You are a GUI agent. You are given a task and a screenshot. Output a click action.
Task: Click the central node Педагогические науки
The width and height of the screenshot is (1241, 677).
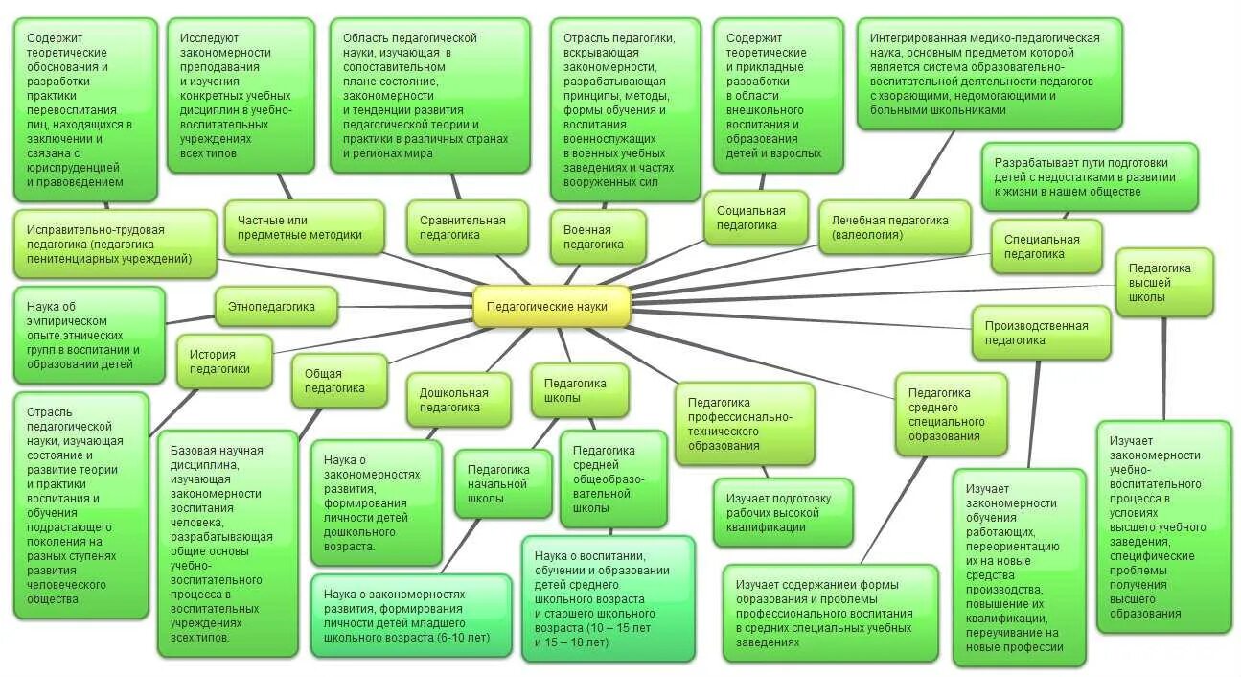(553, 307)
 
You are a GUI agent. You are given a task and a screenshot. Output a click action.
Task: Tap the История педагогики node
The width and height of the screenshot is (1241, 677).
(224, 362)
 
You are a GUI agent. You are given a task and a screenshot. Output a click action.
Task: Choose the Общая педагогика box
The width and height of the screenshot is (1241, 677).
(339, 381)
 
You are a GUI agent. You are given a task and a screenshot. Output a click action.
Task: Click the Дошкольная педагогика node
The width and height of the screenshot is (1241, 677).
(453, 399)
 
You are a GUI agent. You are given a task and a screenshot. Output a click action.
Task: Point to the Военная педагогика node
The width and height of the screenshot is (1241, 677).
(598, 237)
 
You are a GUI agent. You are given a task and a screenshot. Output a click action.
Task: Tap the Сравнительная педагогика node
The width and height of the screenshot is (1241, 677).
(466, 227)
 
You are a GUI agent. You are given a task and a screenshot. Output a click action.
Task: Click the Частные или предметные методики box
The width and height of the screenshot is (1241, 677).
(304, 227)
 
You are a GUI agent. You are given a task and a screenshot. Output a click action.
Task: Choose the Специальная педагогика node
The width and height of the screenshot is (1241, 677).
(1044, 246)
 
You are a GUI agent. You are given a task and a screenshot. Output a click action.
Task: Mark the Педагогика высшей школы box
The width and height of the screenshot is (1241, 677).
(1163, 282)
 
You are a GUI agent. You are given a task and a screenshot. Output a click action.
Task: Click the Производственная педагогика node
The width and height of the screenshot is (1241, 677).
(1041, 333)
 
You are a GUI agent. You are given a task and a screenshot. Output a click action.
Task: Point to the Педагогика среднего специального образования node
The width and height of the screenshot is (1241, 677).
(951, 414)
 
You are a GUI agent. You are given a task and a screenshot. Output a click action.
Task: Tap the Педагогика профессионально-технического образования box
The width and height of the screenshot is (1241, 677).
(744, 424)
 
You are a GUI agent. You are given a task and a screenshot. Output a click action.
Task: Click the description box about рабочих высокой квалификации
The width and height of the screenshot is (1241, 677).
(782, 512)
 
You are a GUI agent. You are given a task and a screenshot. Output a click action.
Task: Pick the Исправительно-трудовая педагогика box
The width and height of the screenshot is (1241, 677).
(115, 244)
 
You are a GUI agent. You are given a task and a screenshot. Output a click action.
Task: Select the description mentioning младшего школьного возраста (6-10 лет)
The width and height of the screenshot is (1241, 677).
(411, 616)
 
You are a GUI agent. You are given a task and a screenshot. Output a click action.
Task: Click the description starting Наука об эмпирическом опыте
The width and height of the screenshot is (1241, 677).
(89, 328)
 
